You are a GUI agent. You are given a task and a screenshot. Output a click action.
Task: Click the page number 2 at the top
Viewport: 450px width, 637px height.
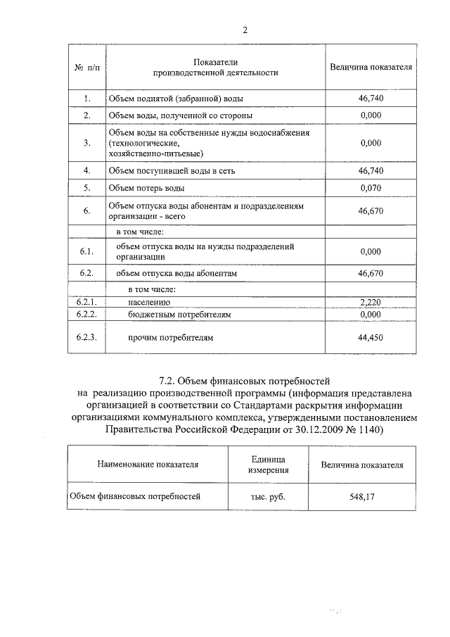tap(245, 30)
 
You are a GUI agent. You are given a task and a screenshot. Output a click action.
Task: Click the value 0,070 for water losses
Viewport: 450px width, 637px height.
tap(370, 188)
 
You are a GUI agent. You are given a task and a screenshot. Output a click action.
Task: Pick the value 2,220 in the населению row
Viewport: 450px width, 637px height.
tap(370, 303)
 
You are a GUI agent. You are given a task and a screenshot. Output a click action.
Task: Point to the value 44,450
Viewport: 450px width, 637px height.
tap(370, 338)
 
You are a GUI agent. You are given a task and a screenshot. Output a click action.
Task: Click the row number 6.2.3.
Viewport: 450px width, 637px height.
tap(86, 338)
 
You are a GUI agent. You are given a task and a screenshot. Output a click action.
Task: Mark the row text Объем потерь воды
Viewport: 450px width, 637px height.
tap(147, 188)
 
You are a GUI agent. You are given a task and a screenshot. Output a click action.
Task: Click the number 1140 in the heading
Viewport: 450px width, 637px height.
tap(367, 430)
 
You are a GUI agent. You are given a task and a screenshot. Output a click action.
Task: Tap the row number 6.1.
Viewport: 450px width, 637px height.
tap(86, 252)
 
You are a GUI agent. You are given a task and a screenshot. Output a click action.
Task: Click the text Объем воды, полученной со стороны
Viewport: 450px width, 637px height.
tap(180, 115)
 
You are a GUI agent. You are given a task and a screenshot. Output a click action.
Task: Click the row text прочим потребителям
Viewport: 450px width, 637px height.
tap(169, 338)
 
